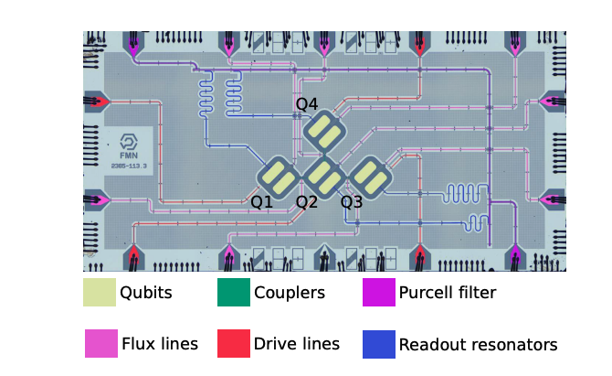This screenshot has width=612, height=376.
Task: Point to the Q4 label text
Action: pos(306,103)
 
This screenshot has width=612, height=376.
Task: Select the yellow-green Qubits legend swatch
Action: pos(100,293)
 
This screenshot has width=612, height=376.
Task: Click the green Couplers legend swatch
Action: pos(234,293)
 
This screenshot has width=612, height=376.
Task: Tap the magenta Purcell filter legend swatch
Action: pos(378,293)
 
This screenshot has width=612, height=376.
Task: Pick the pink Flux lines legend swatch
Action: pos(100,344)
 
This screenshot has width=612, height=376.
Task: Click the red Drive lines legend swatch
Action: pos(234,344)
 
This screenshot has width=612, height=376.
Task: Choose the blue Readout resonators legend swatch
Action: pos(378,344)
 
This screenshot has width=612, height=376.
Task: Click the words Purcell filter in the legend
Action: pos(448,294)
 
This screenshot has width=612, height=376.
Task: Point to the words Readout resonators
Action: pos(478,345)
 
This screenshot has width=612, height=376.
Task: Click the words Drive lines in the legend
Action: pos(297,344)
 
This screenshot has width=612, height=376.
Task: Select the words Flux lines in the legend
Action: pos(160,344)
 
